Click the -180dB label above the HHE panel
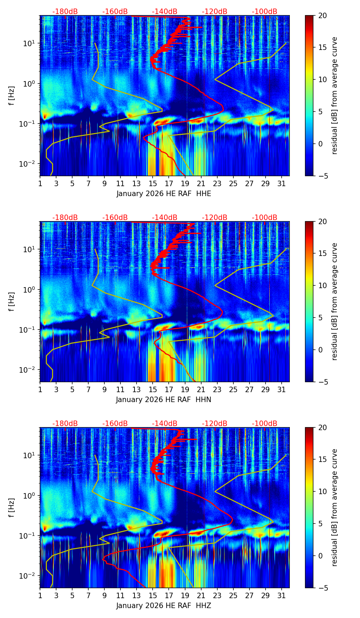pyautogui.click(x=65, y=12)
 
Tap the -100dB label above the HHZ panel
pyautogui.click(x=265, y=424)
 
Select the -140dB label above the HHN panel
pyautogui.click(x=165, y=218)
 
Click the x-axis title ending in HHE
pyautogui.click(x=164, y=194)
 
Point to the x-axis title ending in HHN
pyautogui.click(x=164, y=400)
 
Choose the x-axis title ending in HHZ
pyautogui.click(x=164, y=606)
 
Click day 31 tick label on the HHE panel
pyautogui.click(x=281, y=184)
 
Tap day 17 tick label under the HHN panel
pyautogui.click(x=169, y=390)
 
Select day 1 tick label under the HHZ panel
pyautogui.click(x=40, y=596)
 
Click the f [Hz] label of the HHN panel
pyautogui.click(x=12, y=301)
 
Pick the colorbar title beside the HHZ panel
pyautogui.click(x=334, y=507)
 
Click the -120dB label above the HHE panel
pyautogui.click(x=215, y=12)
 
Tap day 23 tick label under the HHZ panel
pyautogui.click(x=217, y=596)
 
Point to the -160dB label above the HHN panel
pyautogui.click(x=115, y=218)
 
